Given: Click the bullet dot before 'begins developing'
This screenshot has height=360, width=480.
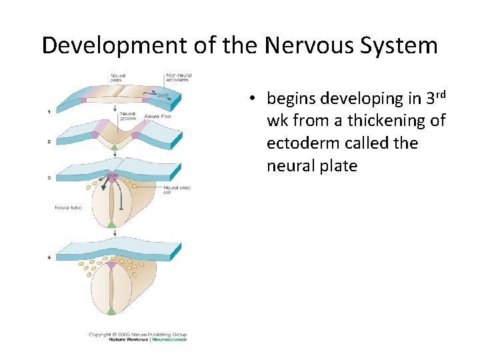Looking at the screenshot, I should (x=254, y=99).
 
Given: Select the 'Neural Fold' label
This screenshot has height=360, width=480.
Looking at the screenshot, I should (x=159, y=117).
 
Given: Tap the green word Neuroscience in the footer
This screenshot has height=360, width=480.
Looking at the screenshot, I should (x=170, y=339).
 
